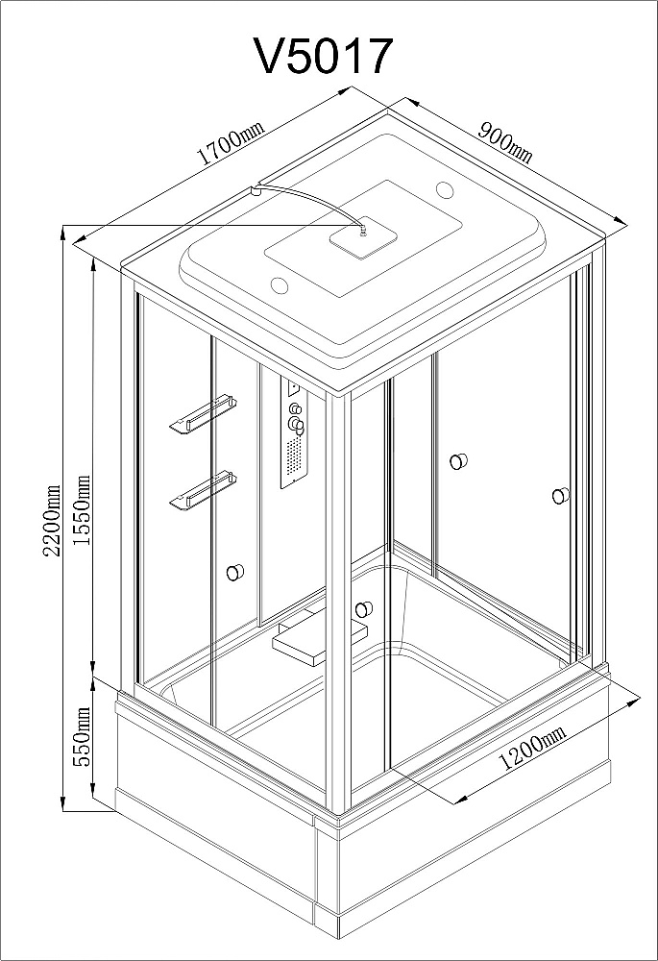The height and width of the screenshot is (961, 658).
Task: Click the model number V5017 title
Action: [x=323, y=57]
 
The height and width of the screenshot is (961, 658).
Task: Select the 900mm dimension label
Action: [x=505, y=143]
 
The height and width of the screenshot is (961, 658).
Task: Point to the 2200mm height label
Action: [x=53, y=520]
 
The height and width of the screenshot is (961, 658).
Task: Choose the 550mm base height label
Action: [x=82, y=736]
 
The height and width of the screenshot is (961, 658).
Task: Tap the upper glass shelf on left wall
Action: [x=203, y=414]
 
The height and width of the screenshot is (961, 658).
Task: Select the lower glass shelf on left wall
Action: [x=203, y=489]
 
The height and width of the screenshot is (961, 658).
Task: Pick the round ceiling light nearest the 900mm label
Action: [x=445, y=189]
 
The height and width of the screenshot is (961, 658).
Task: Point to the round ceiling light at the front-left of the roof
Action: [x=280, y=285]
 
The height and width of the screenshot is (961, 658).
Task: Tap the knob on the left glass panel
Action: [x=234, y=573]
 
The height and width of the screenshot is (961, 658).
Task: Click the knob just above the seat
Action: [x=363, y=609]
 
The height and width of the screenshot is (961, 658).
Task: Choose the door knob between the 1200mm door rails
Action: [x=458, y=461]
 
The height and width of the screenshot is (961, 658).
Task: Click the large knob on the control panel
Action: [x=297, y=423]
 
